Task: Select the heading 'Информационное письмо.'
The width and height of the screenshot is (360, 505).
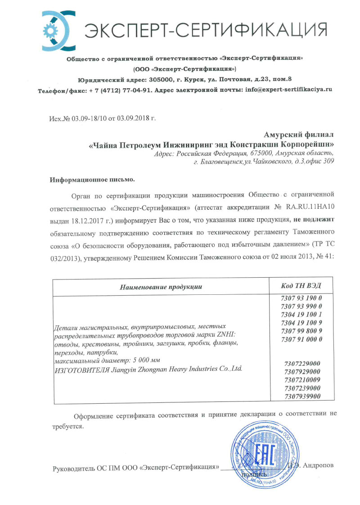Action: (92, 180)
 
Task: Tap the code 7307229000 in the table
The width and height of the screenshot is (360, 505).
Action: (302, 364)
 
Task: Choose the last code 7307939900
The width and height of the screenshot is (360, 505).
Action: (302, 396)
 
